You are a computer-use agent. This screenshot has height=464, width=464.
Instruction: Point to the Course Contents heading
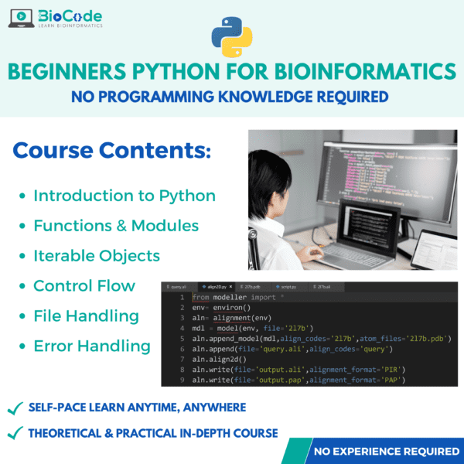(x=112, y=149)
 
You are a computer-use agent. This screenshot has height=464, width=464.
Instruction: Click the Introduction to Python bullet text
(x=125, y=196)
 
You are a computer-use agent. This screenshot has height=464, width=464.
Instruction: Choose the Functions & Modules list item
(x=116, y=226)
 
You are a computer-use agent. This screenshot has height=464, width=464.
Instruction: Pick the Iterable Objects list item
(x=97, y=256)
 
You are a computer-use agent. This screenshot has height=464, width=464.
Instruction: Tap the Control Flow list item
(x=84, y=286)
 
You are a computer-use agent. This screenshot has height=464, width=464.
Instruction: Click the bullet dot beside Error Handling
(x=22, y=346)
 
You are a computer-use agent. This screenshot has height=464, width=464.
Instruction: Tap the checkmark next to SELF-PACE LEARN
(x=14, y=407)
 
